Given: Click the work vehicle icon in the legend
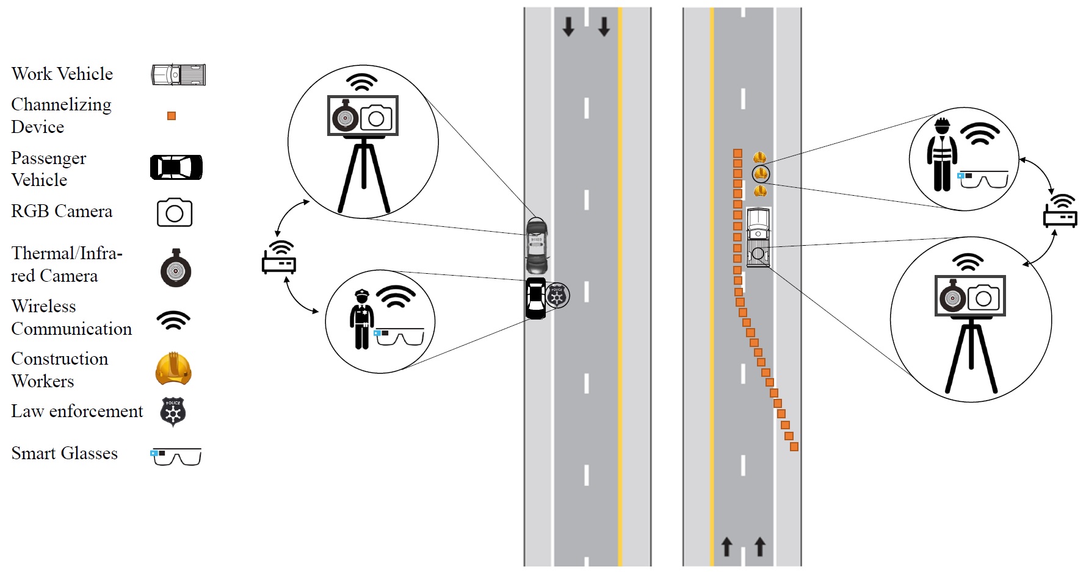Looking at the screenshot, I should tap(178, 74).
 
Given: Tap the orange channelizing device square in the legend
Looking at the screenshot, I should tap(172, 116).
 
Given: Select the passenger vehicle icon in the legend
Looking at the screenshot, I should tap(176, 167).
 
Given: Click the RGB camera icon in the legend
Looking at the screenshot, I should tap(175, 212).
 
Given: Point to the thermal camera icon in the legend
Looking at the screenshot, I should tap(176, 269).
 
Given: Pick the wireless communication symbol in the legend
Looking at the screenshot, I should tap(173, 320).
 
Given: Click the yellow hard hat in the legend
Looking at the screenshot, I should tap(173, 368).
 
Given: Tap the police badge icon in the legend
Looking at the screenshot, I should tap(173, 412).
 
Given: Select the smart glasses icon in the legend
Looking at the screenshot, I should tap(176, 456).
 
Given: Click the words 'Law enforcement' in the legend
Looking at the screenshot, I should tap(77, 412).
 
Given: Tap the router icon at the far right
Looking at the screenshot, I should tap(1060, 211).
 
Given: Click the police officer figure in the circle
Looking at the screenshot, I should tap(361, 319).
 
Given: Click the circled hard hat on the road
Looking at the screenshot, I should tap(761, 174).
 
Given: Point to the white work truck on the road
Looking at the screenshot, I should tap(758, 238).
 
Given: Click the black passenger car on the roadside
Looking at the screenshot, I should tap(535, 298).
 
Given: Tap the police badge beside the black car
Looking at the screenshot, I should tap(557, 296).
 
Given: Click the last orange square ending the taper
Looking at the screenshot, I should tap(794, 447).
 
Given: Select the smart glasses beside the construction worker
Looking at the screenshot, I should tap(982, 180).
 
